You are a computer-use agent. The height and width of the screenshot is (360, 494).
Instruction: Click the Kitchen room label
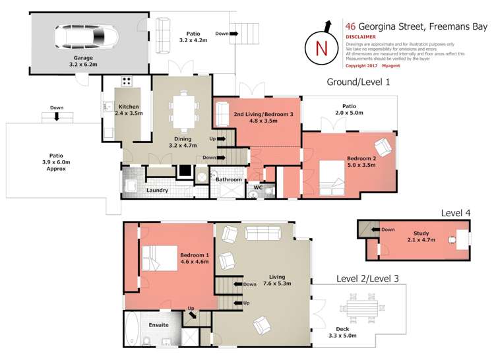(x=127, y=107)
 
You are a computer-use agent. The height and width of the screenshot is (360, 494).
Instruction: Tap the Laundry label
(x=157, y=191)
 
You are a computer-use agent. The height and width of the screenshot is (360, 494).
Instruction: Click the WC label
(x=259, y=187)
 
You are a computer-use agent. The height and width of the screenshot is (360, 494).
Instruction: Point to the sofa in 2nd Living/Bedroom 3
(x=221, y=114)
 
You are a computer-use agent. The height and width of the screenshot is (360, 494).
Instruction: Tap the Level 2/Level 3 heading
(x=368, y=278)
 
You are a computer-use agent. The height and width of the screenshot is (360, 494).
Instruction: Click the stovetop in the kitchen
(x=127, y=83)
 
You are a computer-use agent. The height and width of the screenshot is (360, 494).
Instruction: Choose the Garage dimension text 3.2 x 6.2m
(x=82, y=65)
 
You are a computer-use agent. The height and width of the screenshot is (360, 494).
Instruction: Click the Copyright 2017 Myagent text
(x=372, y=66)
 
